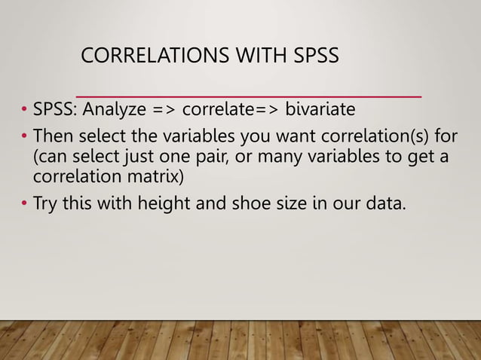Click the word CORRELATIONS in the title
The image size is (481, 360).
tap(148, 56)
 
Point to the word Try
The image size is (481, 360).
tap(47, 203)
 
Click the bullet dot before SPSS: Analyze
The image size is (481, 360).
tap(24, 111)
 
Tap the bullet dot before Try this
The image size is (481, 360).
tap(24, 203)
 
